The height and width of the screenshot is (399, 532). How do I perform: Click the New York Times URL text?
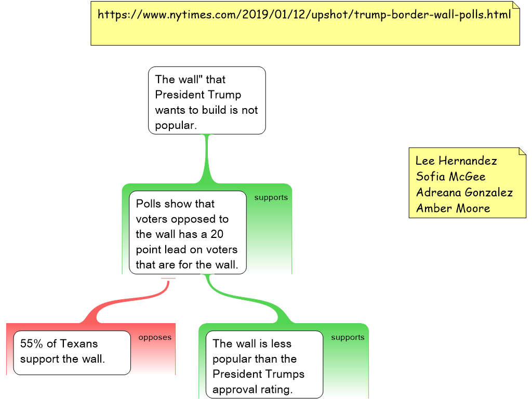pyautogui.click(x=304, y=15)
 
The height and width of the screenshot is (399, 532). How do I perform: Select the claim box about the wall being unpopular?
pyautogui.click(x=207, y=101)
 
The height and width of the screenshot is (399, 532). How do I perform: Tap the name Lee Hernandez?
pyautogui.click(x=456, y=161)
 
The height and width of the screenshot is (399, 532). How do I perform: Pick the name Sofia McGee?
pyautogui.click(x=450, y=177)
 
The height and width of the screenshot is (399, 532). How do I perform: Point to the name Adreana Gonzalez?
pyautogui.click(x=464, y=193)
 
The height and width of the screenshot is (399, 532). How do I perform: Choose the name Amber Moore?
pyautogui.click(x=453, y=208)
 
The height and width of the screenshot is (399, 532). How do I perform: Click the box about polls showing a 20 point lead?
pyautogui.click(x=187, y=234)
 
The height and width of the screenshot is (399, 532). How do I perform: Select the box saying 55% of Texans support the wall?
pyautogui.click(x=72, y=352)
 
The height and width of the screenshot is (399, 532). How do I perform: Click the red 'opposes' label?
pyautogui.click(x=155, y=338)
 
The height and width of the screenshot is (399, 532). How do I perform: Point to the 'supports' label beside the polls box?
pyautogui.click(x=271, y=198)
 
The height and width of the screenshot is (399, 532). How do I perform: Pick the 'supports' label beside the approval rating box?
pyautogui.click(x=348, y=338)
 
